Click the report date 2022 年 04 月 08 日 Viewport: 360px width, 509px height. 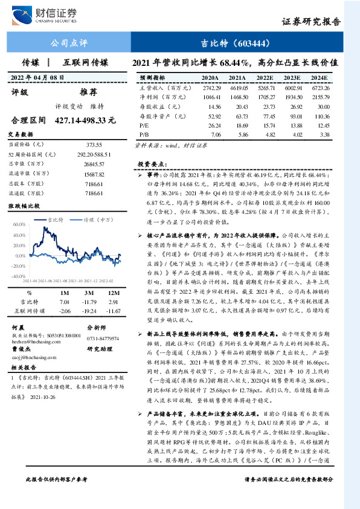(38, 78)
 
